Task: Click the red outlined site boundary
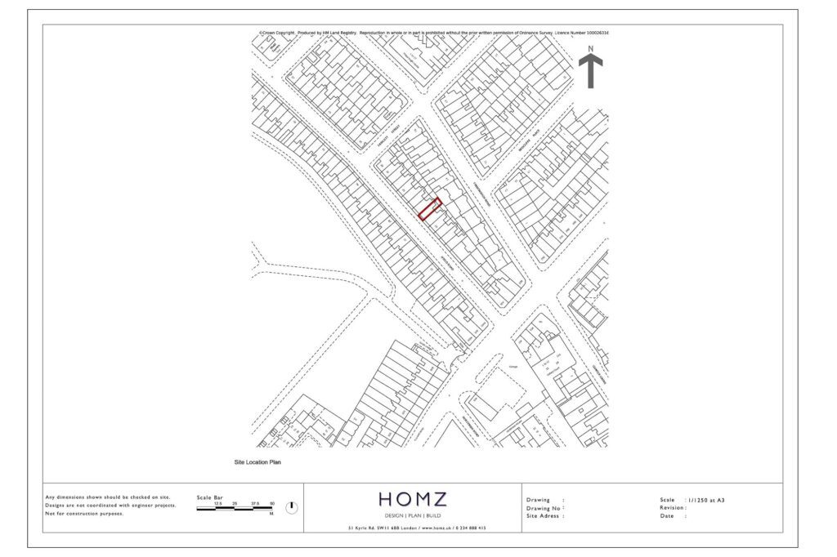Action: point(430,209)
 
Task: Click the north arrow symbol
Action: point(591,70)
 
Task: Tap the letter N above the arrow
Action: point(591,49)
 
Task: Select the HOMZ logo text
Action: point(412,499)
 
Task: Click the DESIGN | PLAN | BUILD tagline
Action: point(412,516)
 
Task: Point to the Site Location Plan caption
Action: point(257,462)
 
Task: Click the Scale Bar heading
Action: point(210,497)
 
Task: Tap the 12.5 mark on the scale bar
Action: point(218,504)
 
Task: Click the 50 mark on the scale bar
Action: point(271,504)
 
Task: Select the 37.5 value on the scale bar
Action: point(254,504)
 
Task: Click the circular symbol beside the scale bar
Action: point(292,508)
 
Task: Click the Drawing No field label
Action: point(544,508)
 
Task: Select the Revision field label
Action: point(674,508)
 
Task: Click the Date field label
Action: point(667,516)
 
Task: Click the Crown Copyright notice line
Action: point(434,33)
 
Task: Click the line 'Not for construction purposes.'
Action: point(85,514)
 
